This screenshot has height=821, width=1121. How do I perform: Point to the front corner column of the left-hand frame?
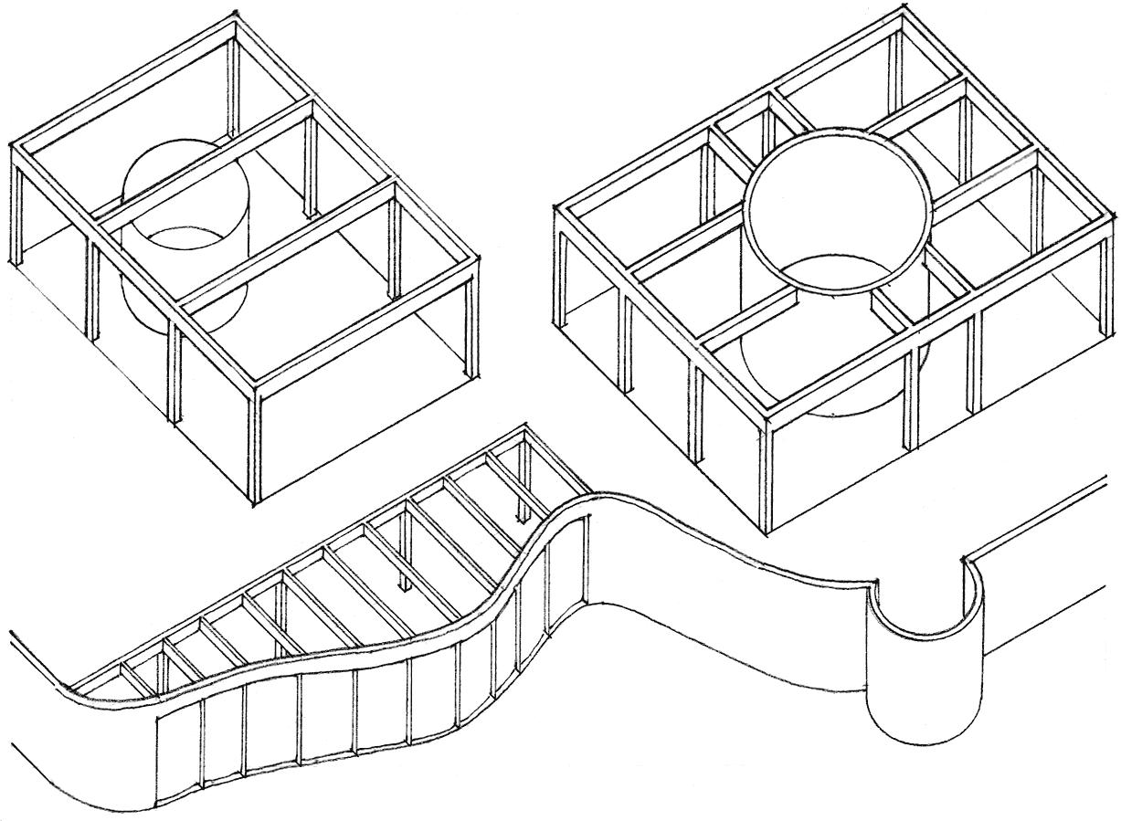click(255, 447)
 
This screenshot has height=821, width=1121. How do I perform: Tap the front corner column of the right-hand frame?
click(766, 475)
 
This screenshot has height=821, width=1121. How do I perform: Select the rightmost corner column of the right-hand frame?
click(1108, 274)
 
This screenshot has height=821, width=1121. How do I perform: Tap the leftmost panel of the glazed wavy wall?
click(179, 749)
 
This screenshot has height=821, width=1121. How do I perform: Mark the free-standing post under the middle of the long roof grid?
click(403, 557)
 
